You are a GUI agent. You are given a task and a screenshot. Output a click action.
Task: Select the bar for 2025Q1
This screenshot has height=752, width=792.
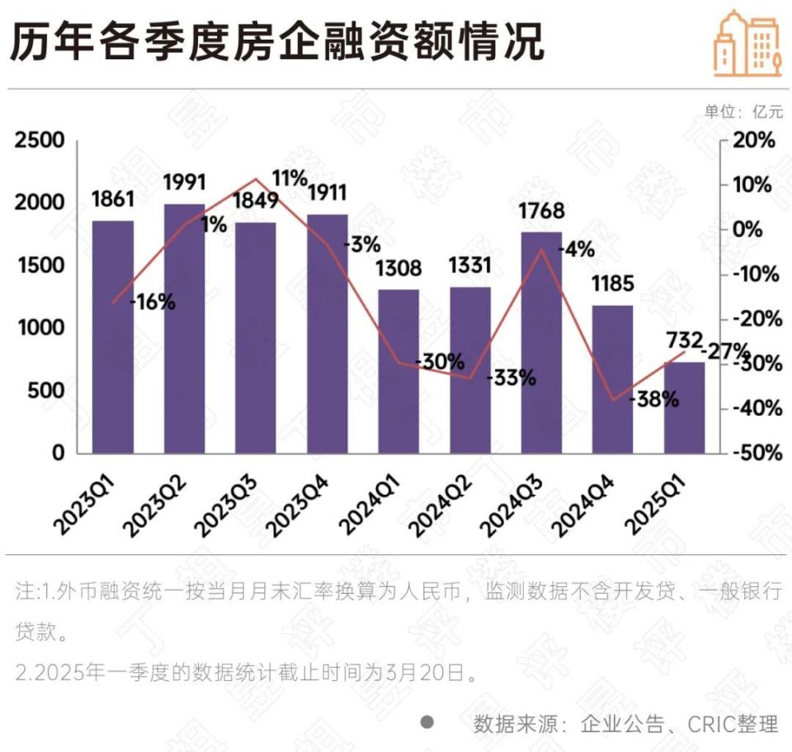685,407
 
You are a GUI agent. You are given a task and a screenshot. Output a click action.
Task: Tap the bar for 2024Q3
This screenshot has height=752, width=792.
541,342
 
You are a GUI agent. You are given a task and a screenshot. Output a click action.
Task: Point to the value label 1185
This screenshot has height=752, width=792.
612,284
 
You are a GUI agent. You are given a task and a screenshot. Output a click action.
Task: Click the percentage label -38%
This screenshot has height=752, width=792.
654,400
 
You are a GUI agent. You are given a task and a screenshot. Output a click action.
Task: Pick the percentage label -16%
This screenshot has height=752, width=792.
153,302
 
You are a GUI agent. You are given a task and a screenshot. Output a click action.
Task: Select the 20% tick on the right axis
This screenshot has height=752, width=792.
755,141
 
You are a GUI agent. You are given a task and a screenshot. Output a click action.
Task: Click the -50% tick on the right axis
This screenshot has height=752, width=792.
752,453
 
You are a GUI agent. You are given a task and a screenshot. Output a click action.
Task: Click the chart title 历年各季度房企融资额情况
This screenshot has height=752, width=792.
277,41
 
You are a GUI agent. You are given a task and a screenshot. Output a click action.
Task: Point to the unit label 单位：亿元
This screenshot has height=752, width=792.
743,111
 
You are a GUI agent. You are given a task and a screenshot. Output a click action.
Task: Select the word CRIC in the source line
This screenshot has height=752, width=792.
711,724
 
